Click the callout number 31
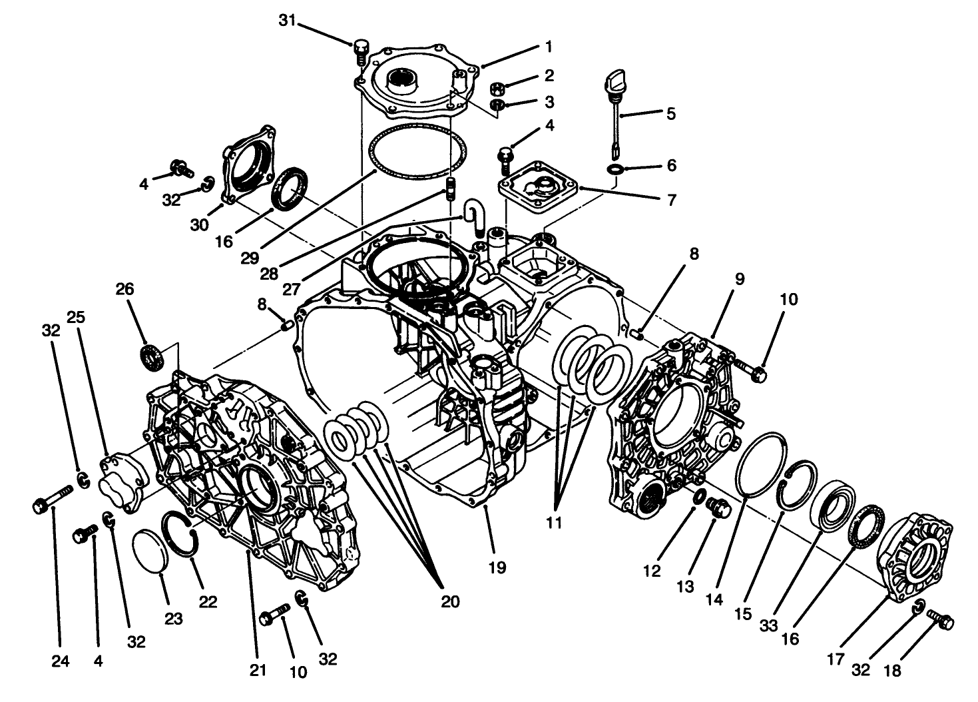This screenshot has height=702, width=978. tap(287, 21)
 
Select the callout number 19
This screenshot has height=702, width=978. tap(497, 567)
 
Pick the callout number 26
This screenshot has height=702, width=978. tap(124, 289)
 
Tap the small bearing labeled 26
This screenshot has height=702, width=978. tap(152, 356)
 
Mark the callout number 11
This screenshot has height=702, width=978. tap(554, 522)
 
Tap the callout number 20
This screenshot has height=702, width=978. tap(450, 601)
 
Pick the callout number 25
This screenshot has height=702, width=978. tap(76, 317)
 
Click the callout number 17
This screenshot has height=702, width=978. tap(836, 659)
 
